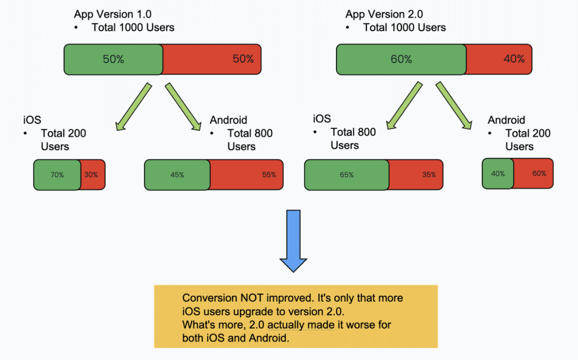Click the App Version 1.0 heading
coord(112,14)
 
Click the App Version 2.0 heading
coord(384,14)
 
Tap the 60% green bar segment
coord(401,59)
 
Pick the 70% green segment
coord(57,175)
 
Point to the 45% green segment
coord(177,175)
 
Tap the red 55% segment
coord(247,175)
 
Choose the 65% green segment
coord(347,175)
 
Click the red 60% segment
coord(534,174)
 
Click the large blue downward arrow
coord(293,241)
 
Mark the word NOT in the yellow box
coord(252,298)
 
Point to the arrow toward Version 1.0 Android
coord(183,106)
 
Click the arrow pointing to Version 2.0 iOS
coord(404,105)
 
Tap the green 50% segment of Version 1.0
coord(114,59)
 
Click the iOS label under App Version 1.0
coord(32,120)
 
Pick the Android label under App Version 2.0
coord(506,120)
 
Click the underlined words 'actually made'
coord(301,325)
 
